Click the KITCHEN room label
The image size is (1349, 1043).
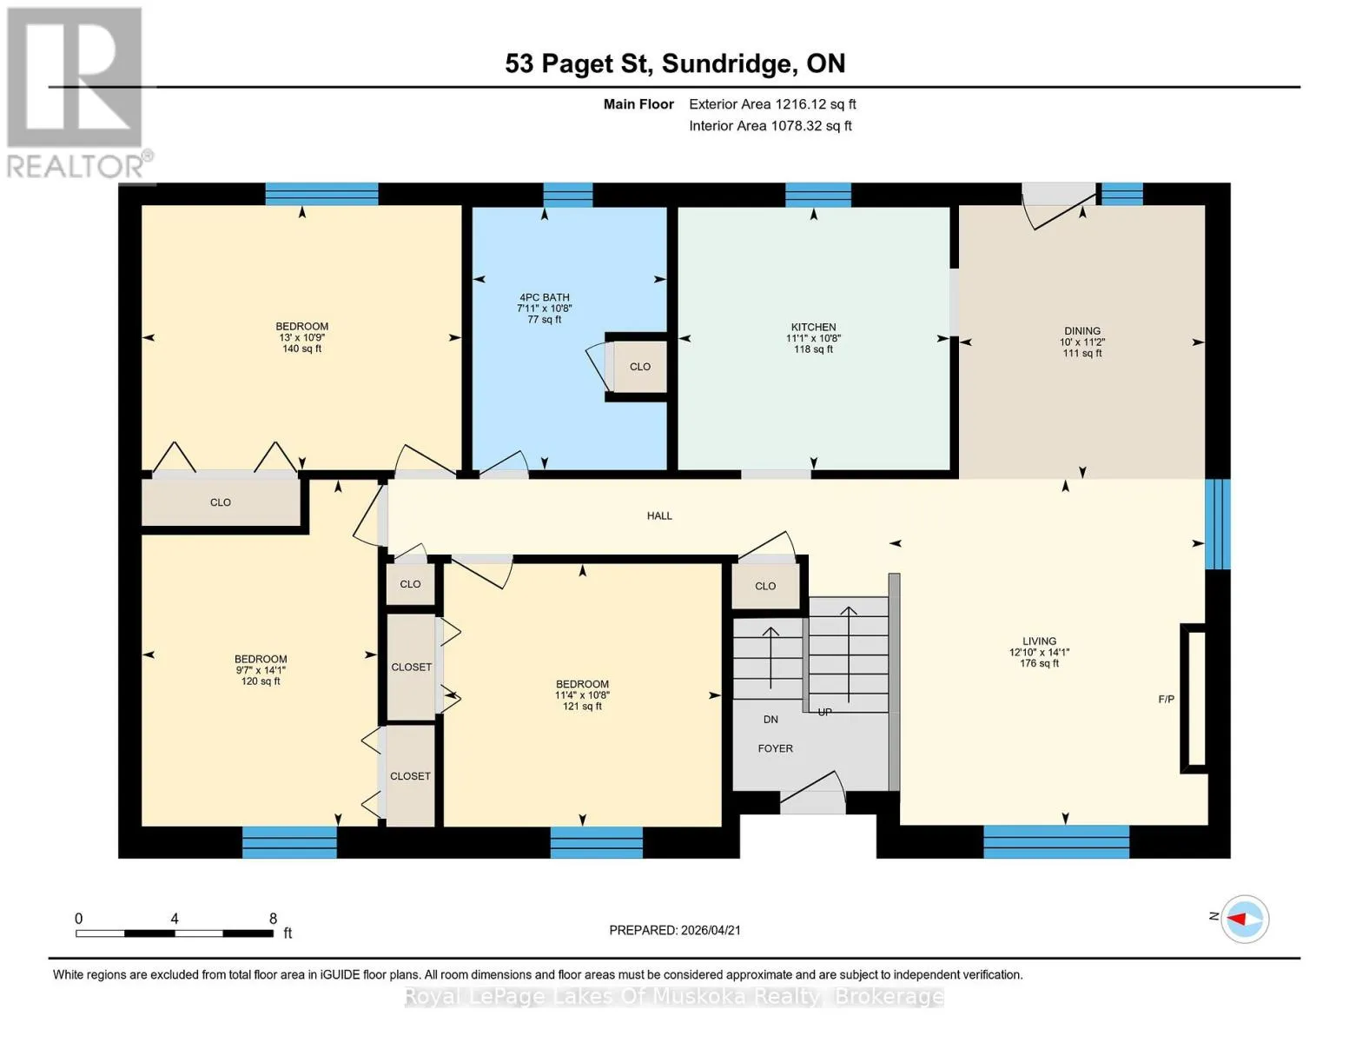813,327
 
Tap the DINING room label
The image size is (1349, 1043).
1082,331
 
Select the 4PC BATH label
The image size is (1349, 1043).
545,297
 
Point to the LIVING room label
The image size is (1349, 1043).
1039,641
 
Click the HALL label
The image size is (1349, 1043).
659,515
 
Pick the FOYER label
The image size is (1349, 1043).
776,748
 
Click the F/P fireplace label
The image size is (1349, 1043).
1167,699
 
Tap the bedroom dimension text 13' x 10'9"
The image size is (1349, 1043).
301,337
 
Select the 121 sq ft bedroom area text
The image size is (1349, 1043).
582,707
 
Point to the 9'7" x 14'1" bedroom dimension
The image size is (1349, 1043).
261,670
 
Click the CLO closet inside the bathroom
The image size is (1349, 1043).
640,367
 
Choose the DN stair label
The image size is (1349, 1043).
770,720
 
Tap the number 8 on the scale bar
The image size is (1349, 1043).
273,918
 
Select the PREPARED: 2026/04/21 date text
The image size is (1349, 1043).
675,930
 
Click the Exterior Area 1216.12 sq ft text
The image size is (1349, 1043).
772,104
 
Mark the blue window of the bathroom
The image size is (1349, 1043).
568,195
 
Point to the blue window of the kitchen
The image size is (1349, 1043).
818,195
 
